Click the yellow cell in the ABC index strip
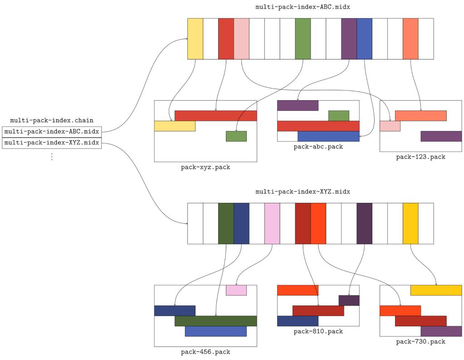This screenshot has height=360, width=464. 195,39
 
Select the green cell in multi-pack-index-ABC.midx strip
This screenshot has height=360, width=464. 303,39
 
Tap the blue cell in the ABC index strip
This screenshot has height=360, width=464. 364,39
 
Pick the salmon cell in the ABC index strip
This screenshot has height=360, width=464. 410,39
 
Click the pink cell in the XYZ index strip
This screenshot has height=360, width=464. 272,223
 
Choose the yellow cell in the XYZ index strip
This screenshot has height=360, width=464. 410,223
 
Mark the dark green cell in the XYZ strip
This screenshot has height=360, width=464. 226,223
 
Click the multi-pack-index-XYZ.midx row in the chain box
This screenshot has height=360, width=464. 52,143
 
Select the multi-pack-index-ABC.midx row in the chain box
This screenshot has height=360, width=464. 52,132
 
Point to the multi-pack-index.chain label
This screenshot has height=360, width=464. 52,120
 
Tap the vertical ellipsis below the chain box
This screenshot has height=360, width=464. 52,157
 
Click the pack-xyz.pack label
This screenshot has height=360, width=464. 205,167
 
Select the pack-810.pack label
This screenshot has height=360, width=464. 318,331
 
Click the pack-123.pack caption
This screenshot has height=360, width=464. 420,157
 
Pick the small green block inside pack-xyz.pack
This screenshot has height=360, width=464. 236,136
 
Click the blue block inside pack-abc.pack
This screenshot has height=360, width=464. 328,136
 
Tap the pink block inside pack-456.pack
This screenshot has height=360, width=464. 236,290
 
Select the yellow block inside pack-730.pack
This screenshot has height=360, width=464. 436,290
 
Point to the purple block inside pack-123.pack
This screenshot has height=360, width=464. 441,136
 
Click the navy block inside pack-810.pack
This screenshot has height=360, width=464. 298,321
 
